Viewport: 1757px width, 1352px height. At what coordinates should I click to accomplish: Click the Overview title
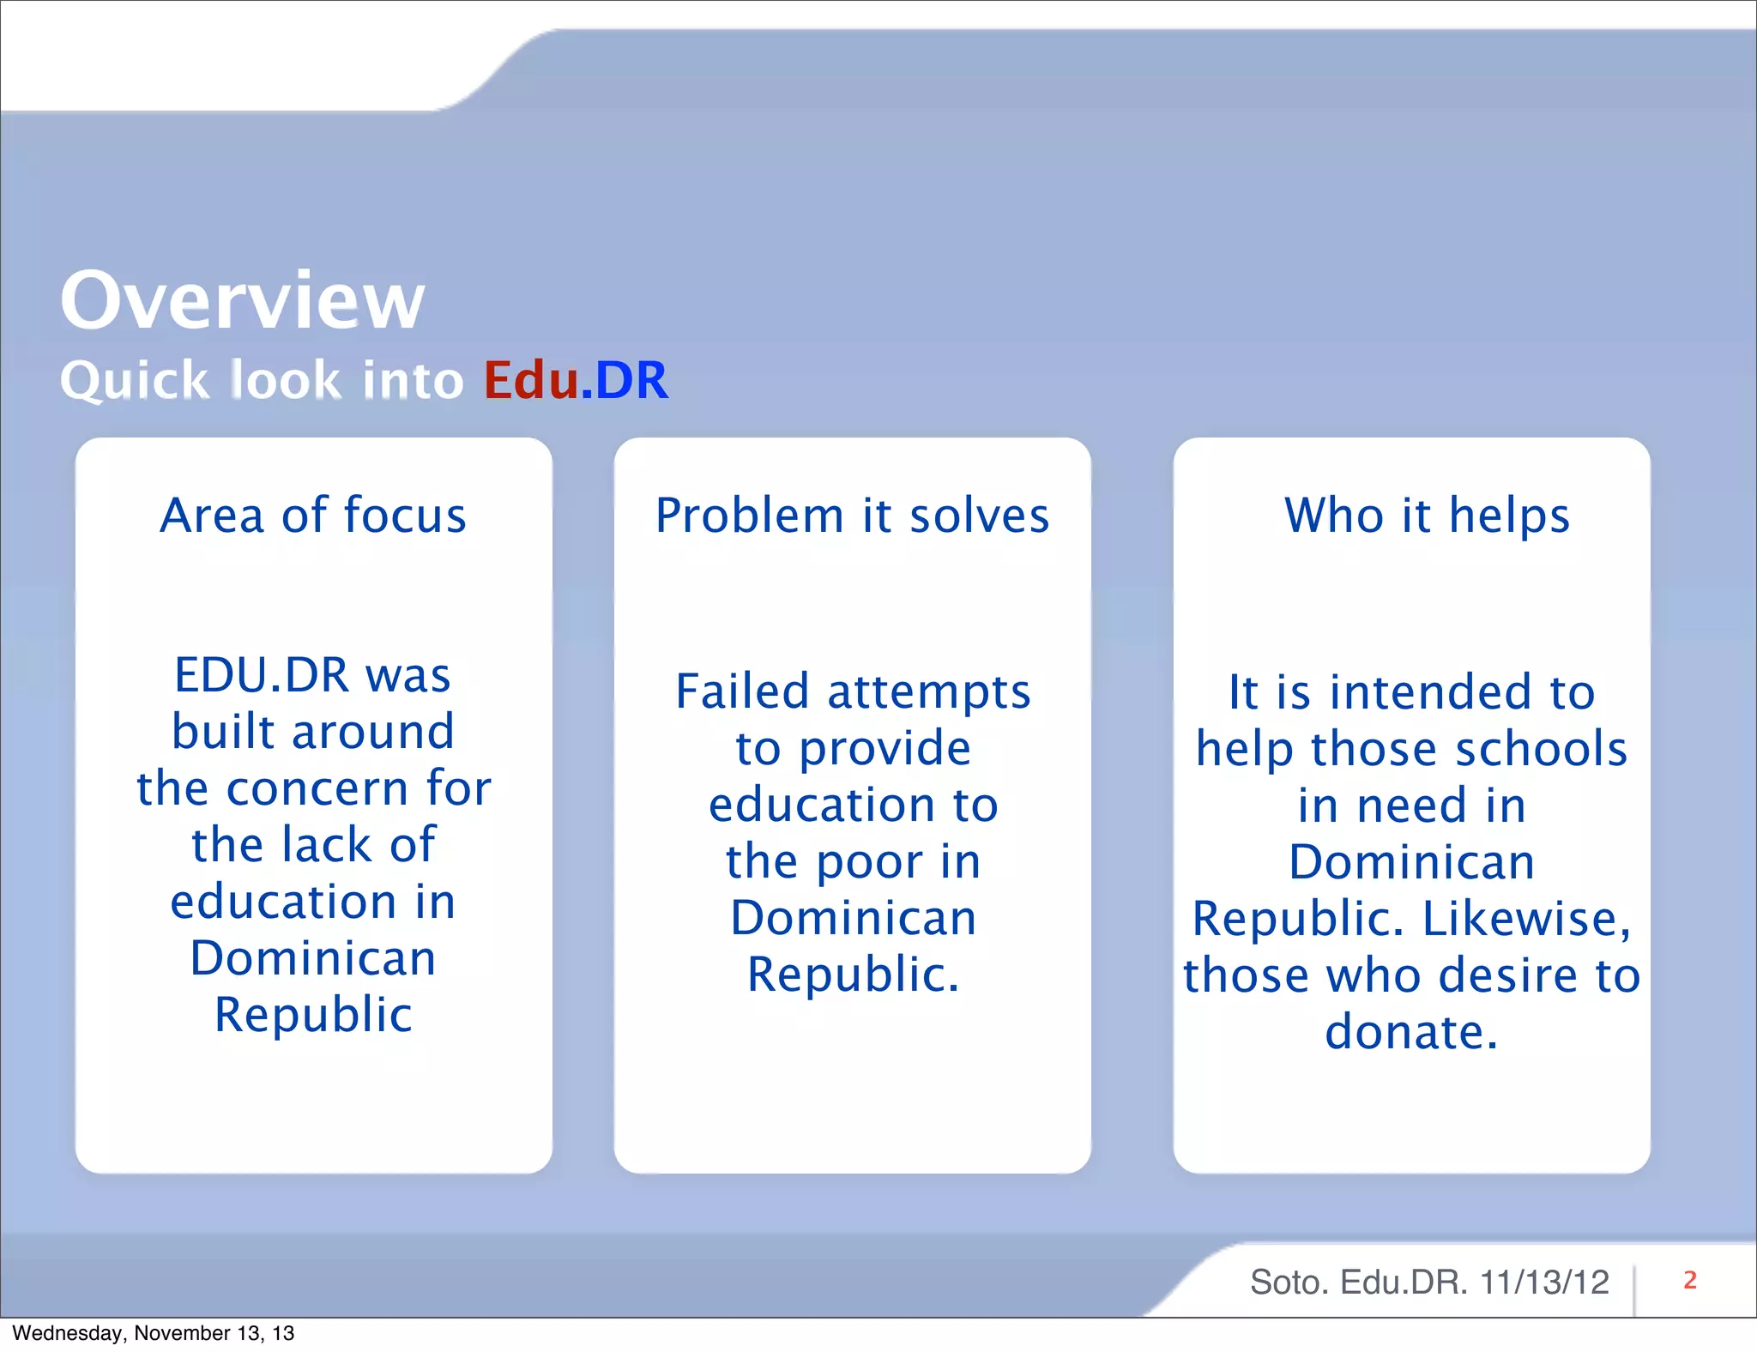(x=242, y=300)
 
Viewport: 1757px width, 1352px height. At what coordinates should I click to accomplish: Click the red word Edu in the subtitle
(x=530, y=380)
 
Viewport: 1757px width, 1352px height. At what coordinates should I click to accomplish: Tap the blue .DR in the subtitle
(x=625, y=380)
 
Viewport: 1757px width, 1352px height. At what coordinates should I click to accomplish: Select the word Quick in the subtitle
(x=134, y=381)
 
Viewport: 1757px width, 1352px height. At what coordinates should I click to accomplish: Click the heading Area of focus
(x=313, y=516)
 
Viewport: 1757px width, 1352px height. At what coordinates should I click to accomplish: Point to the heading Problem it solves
(x=852, y=516)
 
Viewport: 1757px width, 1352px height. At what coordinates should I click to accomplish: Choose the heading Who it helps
(x=1427, y=516)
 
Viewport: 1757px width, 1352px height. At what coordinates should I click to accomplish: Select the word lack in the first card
(x=327, y=845)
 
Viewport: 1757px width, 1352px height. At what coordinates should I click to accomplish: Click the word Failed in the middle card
(x=742, y=691)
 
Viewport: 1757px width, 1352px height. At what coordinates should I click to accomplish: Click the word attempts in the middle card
(x=928, y=693)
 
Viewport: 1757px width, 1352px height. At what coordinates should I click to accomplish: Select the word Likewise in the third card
(x=1525, y=919)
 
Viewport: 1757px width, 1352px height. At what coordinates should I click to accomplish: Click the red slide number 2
(x=1689, y=1280)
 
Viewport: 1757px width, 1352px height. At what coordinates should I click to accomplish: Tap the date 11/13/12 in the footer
(x=1544, y=1283)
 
